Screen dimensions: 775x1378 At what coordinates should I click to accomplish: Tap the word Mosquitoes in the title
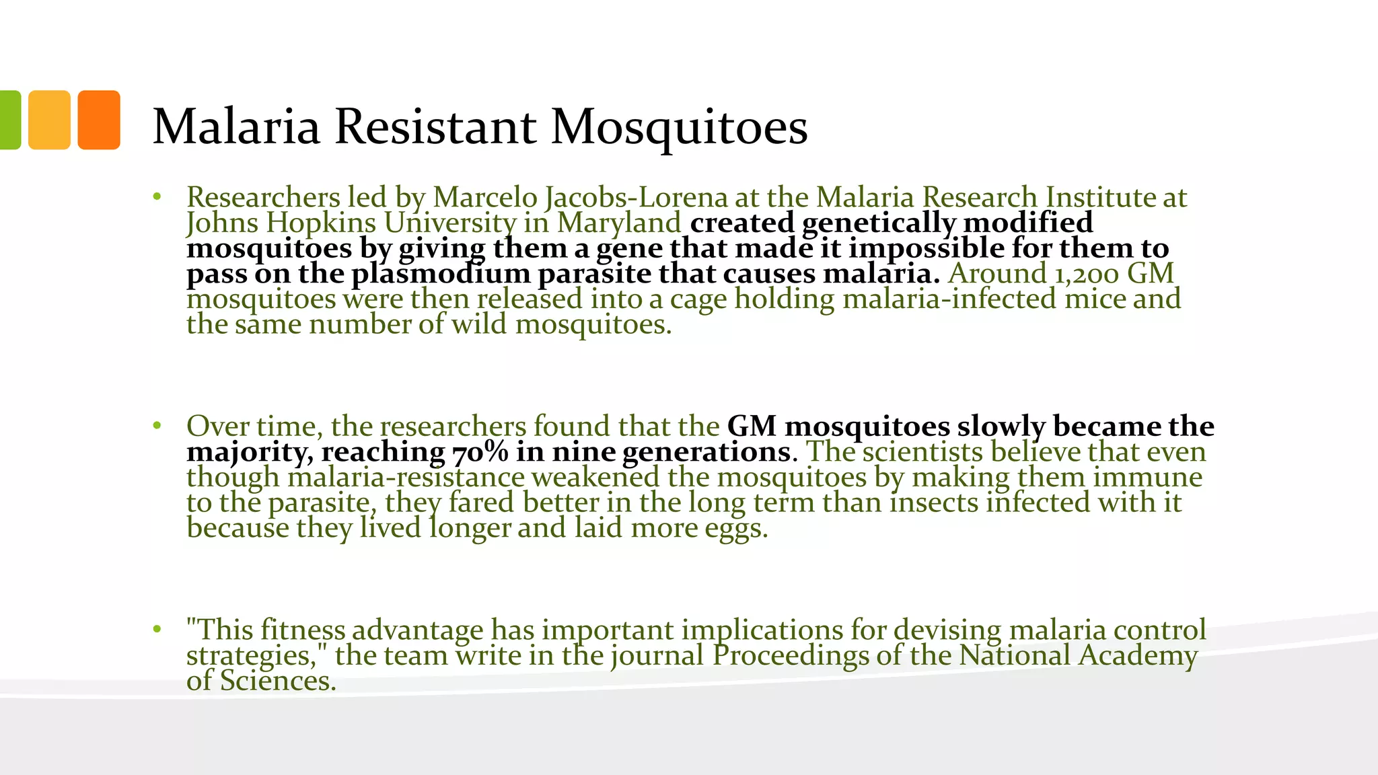pyautogui.click(x=679, y=127)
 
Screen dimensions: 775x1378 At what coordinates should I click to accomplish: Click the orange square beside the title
pyautogui.click(x=99, y=120)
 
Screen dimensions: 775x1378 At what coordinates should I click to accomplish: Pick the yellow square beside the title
pyautogui.click(x=49, y=120)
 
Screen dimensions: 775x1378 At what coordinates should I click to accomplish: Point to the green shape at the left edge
pyautogui.click(x=9, y=120)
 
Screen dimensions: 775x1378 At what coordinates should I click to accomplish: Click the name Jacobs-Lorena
pyautogui.click(x=636, y=197)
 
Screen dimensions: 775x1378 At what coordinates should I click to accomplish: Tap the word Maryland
pyautogui.click(x=619, y=223)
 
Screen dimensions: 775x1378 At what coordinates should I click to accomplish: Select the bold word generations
pyautogui.click(x=706, y=451)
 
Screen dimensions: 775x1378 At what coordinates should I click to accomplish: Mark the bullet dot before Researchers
pyautogui.click(x=157, y=197)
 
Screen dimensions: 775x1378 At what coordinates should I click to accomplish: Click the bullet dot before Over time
pyautogui.click(x=157, y=426)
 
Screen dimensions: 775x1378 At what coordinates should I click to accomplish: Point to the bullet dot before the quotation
pyautogui.click(x=157, y=630)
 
